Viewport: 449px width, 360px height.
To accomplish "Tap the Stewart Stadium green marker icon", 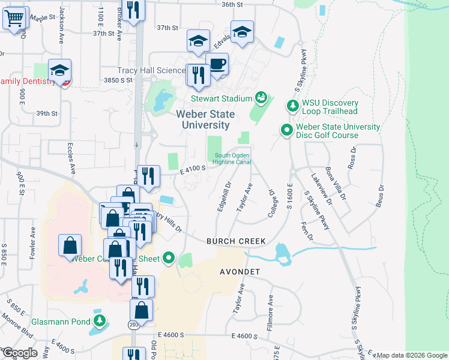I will point(261,96).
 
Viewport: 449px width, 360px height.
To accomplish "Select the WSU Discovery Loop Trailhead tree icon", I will point(292,106).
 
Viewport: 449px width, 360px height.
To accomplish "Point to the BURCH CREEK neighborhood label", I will point(236,241).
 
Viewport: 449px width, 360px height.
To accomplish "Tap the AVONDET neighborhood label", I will point(238,272).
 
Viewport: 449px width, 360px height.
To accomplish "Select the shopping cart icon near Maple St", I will point(14,18).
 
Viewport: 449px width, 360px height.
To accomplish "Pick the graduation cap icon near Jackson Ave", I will point(60,71).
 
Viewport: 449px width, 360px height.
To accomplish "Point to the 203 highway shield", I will point(133,325).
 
